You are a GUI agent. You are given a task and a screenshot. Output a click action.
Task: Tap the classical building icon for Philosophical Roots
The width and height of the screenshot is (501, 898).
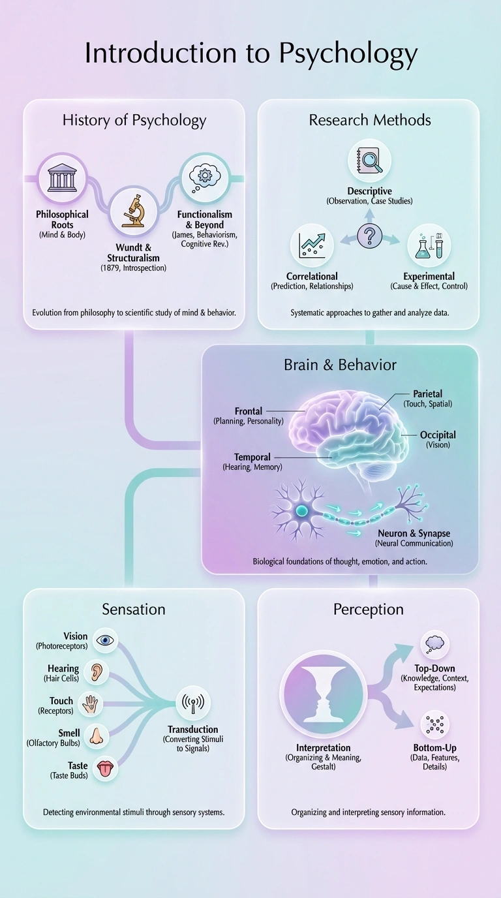[x=63, y=178]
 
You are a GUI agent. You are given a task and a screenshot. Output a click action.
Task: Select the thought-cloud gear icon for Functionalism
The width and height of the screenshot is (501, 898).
[x=204, y=178]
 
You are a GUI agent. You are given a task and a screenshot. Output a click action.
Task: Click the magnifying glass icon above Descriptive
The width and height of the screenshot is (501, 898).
[x=369, y=161]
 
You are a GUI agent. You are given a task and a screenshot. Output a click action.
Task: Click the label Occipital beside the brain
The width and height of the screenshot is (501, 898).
[x=438, y=435]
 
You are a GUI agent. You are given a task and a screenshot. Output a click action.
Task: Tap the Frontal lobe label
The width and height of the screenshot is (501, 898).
[x=249, y=411]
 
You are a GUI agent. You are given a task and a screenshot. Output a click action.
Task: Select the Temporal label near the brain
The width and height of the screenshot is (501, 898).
[x=252, y=457]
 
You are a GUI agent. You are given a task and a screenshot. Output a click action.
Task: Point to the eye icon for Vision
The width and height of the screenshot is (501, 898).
[x=105, y=640]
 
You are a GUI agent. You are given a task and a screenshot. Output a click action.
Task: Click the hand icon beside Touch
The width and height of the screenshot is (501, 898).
[x=90, y=704]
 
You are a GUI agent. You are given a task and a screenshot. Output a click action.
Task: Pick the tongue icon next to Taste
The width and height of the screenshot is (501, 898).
[x=104, y=769]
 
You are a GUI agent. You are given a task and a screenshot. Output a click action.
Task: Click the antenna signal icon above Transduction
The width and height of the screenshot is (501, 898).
[x=193, y=704]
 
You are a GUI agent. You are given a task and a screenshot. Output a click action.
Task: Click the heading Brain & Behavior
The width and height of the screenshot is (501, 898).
[x=340, y=365]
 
